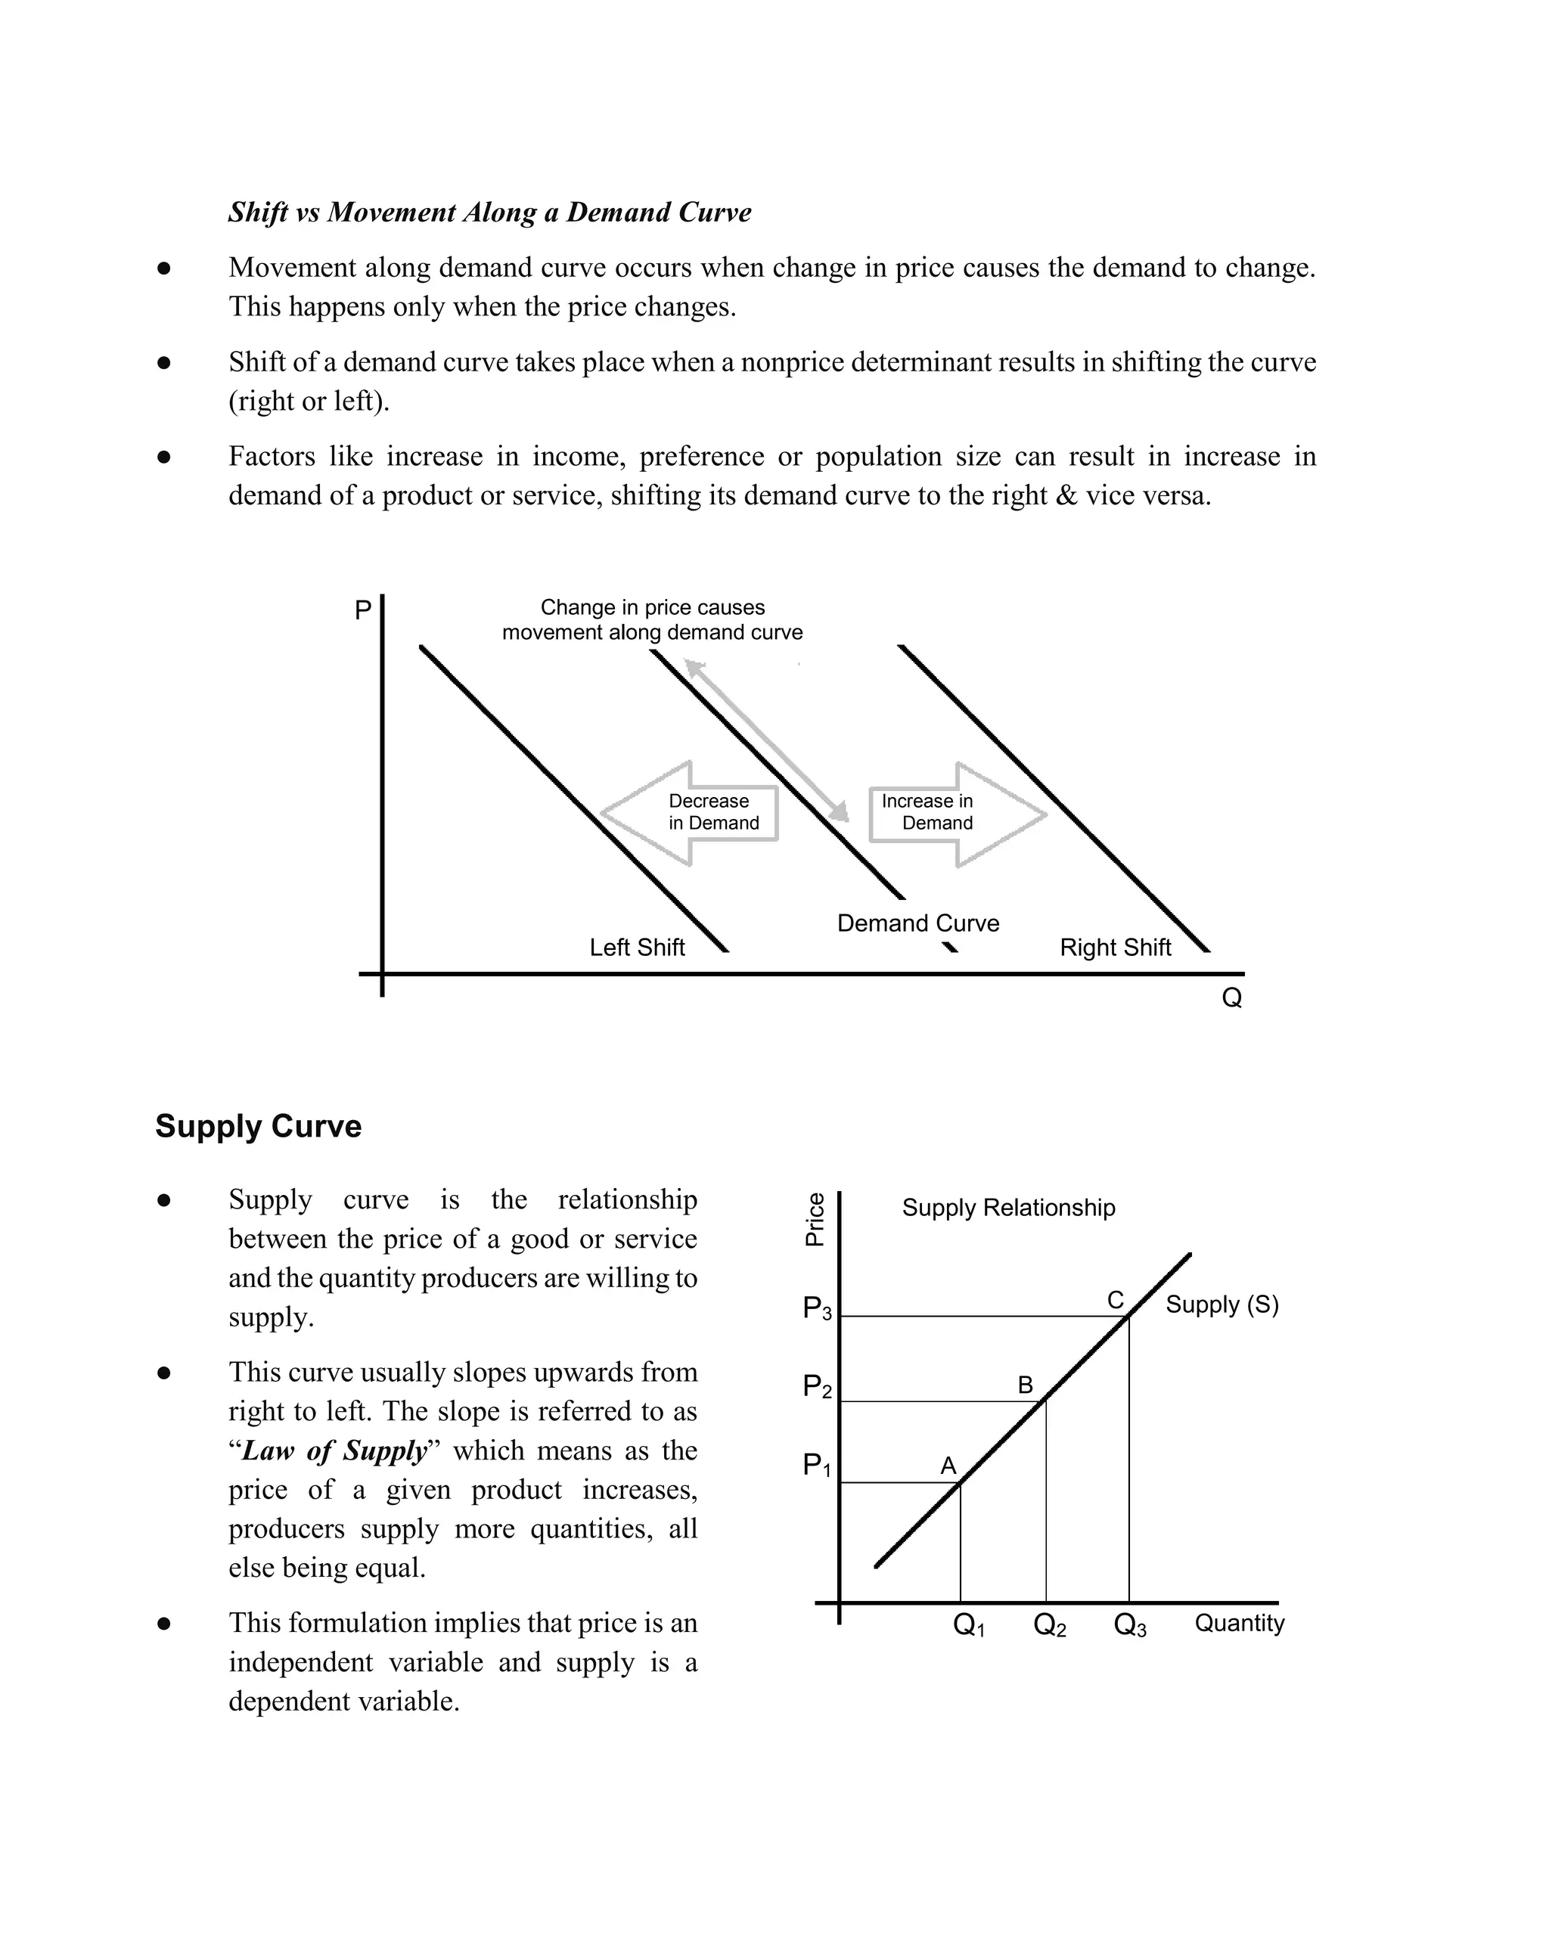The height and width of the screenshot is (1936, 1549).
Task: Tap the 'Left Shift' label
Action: pos(637,948)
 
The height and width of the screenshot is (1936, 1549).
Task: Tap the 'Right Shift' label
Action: pos(1116,948)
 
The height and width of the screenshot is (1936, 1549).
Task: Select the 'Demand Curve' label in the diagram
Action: pos(917,923)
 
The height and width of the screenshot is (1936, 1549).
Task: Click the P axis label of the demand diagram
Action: pos(363,610)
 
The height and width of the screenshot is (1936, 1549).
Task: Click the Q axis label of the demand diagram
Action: pos(1232,997)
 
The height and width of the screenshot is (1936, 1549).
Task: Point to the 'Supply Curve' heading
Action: pos(259,1126)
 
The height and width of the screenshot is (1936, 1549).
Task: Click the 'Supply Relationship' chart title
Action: pos(1008,1208)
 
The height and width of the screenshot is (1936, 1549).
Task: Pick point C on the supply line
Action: pos(1128,1316)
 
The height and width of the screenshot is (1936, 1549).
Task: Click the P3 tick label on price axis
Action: pos(817,1308)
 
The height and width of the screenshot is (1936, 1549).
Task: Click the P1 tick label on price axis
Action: pos(816,1466)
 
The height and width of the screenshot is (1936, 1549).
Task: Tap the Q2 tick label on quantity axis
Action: pos(1050,1624)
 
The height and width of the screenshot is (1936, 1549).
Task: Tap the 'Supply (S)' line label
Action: pos(1222,1305)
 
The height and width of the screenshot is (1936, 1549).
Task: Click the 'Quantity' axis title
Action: pos(1239,1623)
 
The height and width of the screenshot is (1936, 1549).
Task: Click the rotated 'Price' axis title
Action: pos(815,1219)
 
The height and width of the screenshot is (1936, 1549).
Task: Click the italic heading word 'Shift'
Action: pos(258,212)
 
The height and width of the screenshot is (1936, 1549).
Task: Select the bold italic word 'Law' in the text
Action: pos(268,1450)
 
